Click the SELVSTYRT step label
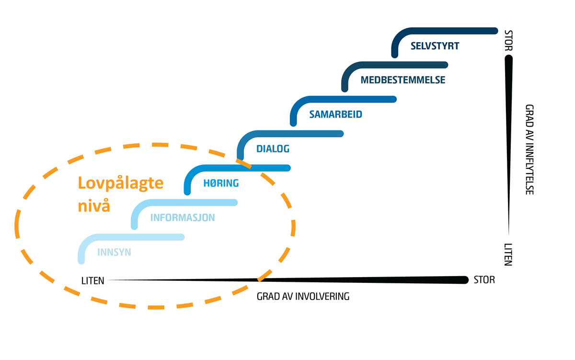coord(435,46)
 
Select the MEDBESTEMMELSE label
coord(402,80)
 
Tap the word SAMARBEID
coord(335,115)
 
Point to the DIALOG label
coord(273,149)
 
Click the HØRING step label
coord(221,183)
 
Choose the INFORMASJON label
coord(182,218)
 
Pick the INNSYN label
coord(114,252)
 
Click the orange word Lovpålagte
coord(120,183)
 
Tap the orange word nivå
coord(94,207)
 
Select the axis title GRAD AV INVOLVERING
coord(303,296)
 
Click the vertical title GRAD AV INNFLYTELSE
coord(529,150)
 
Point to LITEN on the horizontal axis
coord(92,280)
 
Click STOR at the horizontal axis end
coord(484,280)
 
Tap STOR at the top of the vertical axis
coord(508,40)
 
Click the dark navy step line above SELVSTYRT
coord(446,31)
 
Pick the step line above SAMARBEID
coord(345,99)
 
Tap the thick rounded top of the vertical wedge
coord(508,59)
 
